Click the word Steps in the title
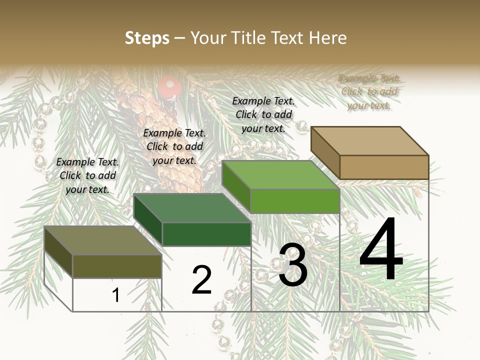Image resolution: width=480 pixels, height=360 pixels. [x=147, y=38]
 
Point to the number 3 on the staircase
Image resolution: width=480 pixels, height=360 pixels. [x=293, y=265]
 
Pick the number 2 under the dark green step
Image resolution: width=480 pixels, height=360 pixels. [x=201, y=280]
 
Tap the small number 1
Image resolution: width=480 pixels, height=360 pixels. [x=116, y=295]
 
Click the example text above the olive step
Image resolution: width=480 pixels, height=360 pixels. [x=87, y=175]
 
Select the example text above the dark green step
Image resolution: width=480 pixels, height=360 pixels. [x=174, y=146]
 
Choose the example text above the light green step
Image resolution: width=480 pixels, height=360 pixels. [x=263, y=114]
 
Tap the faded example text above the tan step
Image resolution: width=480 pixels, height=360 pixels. [x=369, y=91]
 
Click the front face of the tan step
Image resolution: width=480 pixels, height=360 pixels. [x=384, y=167]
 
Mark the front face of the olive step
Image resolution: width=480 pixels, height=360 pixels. [x=117, y=266]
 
